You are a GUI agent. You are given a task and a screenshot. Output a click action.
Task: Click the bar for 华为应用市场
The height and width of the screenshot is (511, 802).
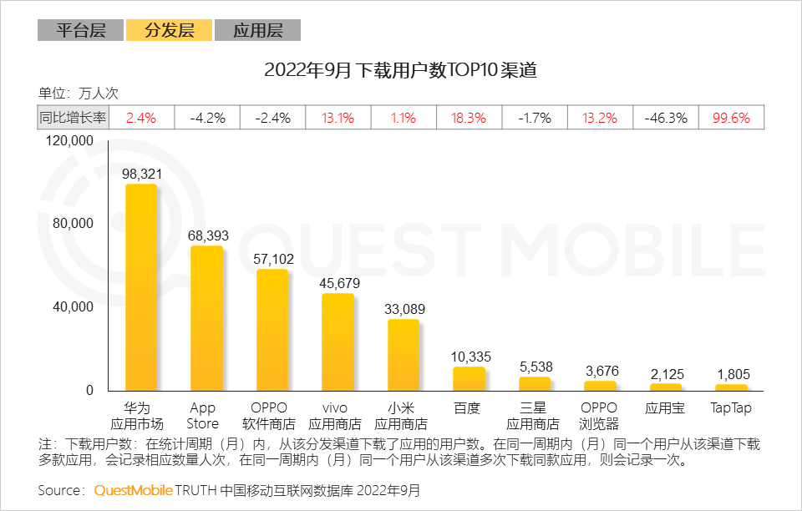pyautogui.click(x=140, y=288)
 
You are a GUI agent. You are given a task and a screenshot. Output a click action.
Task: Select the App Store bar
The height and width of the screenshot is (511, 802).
pyautogui.click(x=206, y=319)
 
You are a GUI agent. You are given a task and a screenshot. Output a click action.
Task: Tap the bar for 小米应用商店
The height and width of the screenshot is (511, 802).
pyautogui.click(x=403, y=356)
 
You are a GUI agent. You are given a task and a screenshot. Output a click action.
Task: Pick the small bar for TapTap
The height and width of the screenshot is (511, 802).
pyautogui.click(x=731, y=388)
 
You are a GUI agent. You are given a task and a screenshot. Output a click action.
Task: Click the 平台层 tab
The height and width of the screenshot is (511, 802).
pyautogui.click(x=80, y=31)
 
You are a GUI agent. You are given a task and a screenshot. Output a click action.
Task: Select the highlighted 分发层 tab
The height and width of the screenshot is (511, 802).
pyautogui.click(x=169, y=31)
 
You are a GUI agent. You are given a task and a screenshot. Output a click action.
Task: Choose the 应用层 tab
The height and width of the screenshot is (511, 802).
pyautogui.click(x=257, y=31)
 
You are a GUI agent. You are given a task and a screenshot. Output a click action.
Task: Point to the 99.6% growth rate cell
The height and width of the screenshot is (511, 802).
pyautogui.click(x=731, y=118)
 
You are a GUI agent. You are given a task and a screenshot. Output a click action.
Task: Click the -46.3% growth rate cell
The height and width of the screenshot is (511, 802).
pyautogui.click(x=666, y=118)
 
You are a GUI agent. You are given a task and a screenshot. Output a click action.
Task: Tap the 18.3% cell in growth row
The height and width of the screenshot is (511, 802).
pyautogui.click(x=469, y=118)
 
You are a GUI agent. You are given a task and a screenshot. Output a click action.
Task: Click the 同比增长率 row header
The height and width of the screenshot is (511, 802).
pyautogui.click(x=74, y=118)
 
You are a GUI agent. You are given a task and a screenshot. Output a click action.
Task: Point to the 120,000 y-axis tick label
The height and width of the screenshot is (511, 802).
pyautogui.click(x=70, y=141)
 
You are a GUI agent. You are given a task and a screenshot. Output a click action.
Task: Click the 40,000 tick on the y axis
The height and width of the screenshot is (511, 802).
pyautogui.click(x=74, y=307)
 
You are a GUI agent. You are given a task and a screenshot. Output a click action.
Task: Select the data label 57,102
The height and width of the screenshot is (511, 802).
pyautogui.click(x=272, y=260)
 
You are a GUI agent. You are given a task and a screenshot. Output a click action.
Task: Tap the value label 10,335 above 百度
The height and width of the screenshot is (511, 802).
pyautogui.click(x=469, y=357)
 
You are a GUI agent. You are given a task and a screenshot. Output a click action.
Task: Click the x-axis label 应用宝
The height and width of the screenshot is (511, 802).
pyautogui.click(x=666, y=408)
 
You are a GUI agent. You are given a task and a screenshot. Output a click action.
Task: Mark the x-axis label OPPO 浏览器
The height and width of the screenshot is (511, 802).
pyautogui.click(x=600, y=416)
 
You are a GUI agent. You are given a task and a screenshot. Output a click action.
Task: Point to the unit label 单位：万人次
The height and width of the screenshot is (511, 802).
pyautogui.click(x=79, y=94)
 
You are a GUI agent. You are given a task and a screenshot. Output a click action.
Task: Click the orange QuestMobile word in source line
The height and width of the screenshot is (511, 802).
pyautogui.click(x=134, y=490)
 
